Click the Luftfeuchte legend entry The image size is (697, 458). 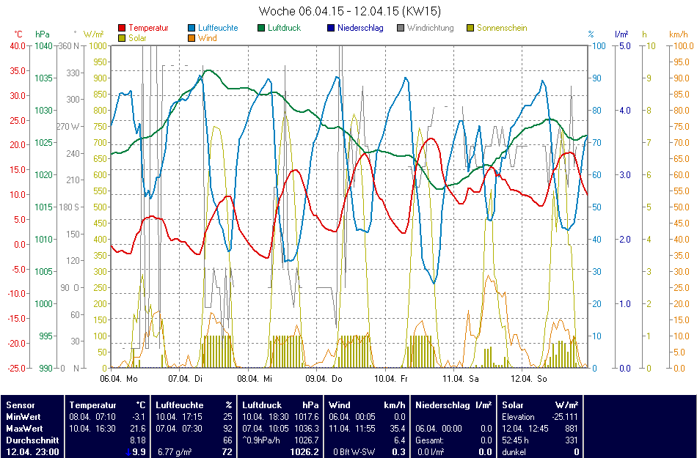[218, 28]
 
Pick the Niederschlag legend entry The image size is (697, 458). [360, 28]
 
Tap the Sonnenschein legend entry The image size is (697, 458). [502, 28]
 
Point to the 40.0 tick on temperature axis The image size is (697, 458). [17, 45]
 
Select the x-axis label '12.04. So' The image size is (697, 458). [530, 379]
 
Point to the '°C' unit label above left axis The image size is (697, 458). [18, 34]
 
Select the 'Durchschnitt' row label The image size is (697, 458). [29, 440]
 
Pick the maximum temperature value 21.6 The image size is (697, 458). [138, 428]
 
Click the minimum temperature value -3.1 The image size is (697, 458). [138, 416]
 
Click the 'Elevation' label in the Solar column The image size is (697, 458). [519, 416]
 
